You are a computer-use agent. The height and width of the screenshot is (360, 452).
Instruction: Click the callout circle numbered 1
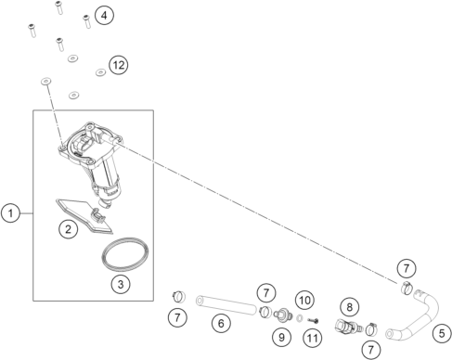pyautogui.click(x=10, y=213)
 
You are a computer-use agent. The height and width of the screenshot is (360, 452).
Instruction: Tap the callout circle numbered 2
pyautogui.click(x=68, y=229)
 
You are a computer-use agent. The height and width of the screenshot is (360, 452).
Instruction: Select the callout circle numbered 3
pyautogui.click(x=121, y=284)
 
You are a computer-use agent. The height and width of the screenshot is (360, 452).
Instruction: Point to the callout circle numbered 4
pyautogui.click(x=104, y=15)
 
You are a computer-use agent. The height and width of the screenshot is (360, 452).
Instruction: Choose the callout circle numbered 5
pyautogui.click(x=442, y=333)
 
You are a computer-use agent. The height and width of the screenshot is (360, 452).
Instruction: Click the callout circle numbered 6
pyautogui.click(x=221, y=323)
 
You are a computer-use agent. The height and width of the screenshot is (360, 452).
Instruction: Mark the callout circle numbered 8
pyautogui.click(x=350, y=307)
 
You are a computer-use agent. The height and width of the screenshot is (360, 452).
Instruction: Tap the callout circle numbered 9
pyautogui.click(x=281, y=337)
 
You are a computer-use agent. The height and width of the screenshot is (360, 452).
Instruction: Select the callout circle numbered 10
pyautogui.click(x=304, y=300)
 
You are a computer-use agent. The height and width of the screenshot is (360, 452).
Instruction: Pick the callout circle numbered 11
pyautogui.click(x=313, y=338)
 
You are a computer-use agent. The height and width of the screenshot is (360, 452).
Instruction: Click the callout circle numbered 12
pyautogui.click(x=119, y=65)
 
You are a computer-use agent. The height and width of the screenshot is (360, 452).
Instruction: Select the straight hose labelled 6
pyautogui.click(x=226, y=305)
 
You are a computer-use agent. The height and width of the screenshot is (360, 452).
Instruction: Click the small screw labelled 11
pyautogui.click(x=313, y=321)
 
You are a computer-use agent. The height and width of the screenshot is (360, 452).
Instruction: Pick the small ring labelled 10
pyautogui.click(x=300, y=317)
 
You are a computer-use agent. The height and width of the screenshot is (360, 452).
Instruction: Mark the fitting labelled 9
pyautogui.click(x=283, y=315)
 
